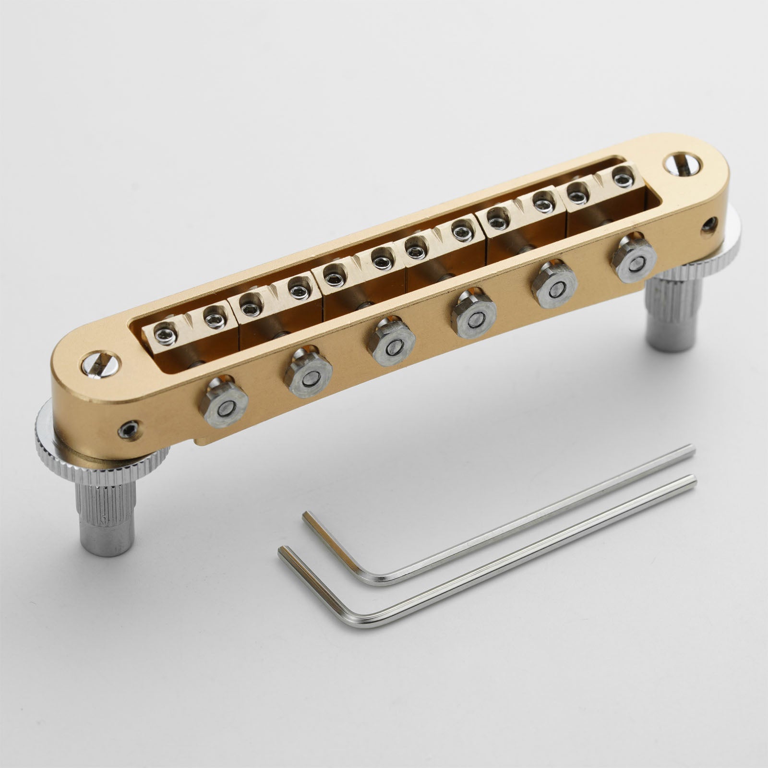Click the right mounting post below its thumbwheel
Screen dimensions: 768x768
[672, 326]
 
